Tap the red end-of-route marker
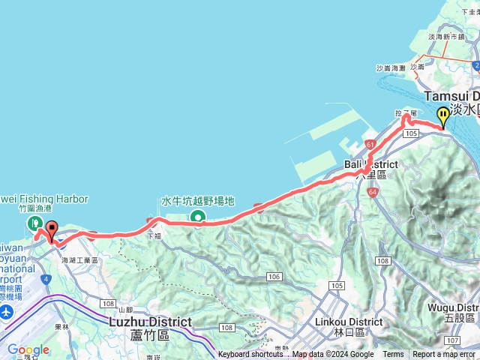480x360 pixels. (52, 229)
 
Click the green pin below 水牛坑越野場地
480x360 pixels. (198, 217)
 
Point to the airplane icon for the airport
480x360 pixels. (7, 310)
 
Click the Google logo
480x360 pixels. (28, 349)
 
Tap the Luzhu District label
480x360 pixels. (151, 322)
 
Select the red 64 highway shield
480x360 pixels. (373, 192)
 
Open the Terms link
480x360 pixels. (393, 355)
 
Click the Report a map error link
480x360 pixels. (444, 355)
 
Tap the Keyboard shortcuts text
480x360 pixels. (250, 355)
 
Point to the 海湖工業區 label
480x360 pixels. (79, 259)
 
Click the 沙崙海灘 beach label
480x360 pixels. (391, 67)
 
